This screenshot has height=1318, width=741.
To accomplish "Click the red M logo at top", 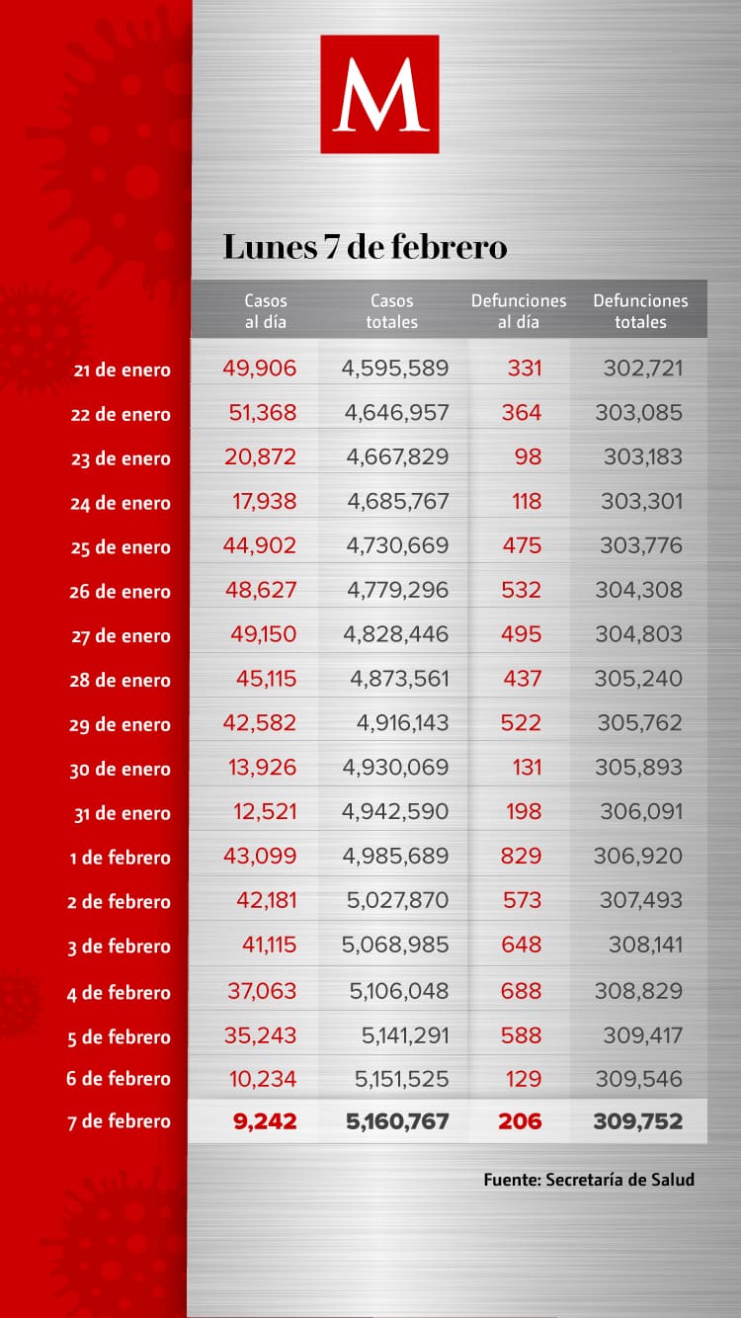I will pos(379,94).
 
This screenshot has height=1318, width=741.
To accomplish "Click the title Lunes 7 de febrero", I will pos(365,246).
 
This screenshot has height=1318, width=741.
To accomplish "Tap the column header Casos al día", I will pos(265,310).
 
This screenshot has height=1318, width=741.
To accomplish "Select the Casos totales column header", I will pos(391,310).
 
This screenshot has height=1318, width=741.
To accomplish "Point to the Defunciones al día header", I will pos(519,310).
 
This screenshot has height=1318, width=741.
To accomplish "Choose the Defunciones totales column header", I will pos(640,310).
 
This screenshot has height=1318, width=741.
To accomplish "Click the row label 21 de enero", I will pos(121,371).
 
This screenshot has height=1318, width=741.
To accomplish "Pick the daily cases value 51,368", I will pos(262,413).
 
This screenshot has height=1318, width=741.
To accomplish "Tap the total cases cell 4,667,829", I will pos(397,457).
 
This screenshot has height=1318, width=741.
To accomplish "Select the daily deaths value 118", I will pos(527,502).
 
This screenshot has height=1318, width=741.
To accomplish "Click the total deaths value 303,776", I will pos(641,545).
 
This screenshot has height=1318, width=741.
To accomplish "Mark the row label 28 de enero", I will pos(121,680).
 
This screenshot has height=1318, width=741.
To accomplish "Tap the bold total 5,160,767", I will pos(396,1121).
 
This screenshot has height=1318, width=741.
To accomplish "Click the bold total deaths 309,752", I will pos(637,1121).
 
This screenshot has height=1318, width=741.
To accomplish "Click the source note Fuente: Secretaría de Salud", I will pos(589,1180).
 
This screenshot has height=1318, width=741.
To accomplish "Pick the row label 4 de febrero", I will pos(119,993).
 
